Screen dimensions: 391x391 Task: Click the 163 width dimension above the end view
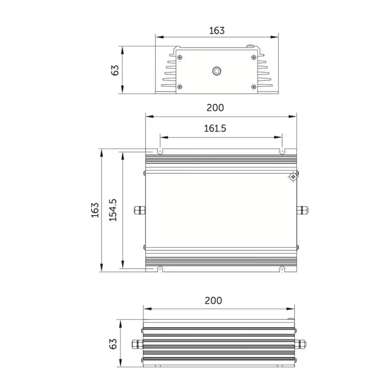pyautogui.click(x=217, y=30)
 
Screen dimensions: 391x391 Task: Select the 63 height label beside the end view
pyautogui.click(x=115, y=69)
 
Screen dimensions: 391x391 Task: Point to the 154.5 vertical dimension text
pyautogui.click(x=113, y=210)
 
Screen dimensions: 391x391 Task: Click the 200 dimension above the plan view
pyautogui.click(x=216, y=108)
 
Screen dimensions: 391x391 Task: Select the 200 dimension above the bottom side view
pyautogui.click(x=213, y=300)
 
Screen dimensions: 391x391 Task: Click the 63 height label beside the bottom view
pyautogui.click(x=114, y=344)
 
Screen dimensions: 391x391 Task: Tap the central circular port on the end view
pyautogui.click(x=217, y=71)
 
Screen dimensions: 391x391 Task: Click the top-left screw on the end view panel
pyautogui.click(x=180, y=57)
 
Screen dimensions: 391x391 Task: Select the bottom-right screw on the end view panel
pyautogui.click(x=253, y=87)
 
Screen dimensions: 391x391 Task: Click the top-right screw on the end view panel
pyautogui.click(x=253, y=57)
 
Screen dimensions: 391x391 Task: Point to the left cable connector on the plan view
pyautogui.click(x=139, y=210)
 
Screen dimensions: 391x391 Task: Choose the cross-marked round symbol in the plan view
pyautogui.click(x=293, y=177)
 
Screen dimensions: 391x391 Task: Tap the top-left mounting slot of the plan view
pyautogui.click(x=160, y=152)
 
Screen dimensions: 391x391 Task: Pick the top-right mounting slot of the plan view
pyautogui.click(x=282, y=152)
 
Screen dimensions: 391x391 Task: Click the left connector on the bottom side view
pyautogui.click(x=136, y=344)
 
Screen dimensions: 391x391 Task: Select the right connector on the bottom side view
pyautogui.click(x=301, y=344)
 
